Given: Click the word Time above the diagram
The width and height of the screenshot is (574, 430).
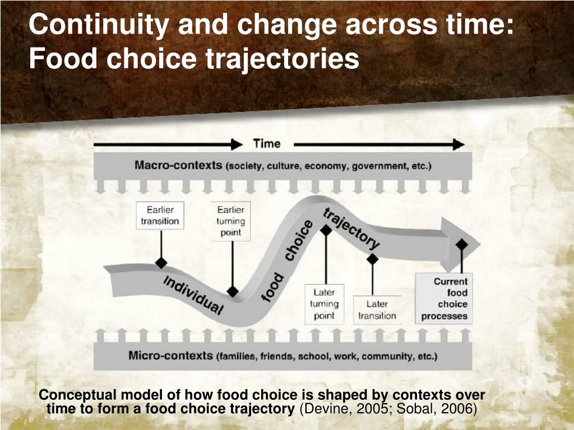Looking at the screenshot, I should (266, 144).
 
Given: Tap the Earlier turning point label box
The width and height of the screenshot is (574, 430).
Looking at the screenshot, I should (230, 221).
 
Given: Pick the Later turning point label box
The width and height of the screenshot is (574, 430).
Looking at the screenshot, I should (324, 304).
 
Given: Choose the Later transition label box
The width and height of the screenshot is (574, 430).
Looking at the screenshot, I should (377, 310).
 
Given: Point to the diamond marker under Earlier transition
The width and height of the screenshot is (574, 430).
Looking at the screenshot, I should (161, 263).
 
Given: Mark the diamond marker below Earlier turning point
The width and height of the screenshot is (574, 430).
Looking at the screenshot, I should (232, 291).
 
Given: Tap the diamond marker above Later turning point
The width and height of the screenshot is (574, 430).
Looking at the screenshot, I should (326, 230).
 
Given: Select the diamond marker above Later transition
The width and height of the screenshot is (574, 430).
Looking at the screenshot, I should (372, 259).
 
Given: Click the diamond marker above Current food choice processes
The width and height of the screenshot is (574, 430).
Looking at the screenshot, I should (461, 244).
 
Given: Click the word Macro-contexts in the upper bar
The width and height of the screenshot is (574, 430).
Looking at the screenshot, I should (178, 166).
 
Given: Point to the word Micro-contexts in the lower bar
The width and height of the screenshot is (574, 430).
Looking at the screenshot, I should (170, 356).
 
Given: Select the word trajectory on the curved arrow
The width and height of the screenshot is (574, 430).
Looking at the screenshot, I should (351, 228).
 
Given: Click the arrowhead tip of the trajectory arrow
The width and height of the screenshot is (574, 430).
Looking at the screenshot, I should (479, 244).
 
